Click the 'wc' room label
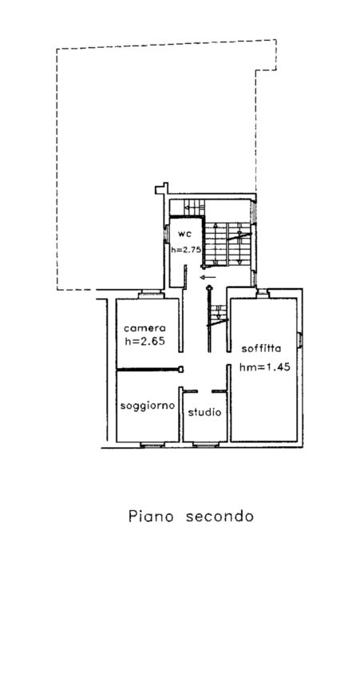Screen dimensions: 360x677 184,234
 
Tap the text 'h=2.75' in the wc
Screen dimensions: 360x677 186,249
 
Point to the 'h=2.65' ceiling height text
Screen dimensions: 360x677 145,341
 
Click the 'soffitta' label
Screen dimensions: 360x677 262,348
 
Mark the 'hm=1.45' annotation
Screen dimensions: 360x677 264,367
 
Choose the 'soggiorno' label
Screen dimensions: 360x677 148,406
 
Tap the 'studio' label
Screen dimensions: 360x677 204,412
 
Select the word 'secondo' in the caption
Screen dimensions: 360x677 220,516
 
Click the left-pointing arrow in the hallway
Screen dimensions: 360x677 208,277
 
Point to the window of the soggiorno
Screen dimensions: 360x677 152,445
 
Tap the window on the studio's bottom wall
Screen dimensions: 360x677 205,445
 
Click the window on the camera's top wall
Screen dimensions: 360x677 151,295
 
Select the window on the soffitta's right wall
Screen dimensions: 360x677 299,339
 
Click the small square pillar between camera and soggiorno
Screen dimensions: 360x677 181,369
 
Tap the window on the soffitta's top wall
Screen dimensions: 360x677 263,294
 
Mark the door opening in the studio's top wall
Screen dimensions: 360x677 204,391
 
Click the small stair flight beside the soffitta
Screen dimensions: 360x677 219,315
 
